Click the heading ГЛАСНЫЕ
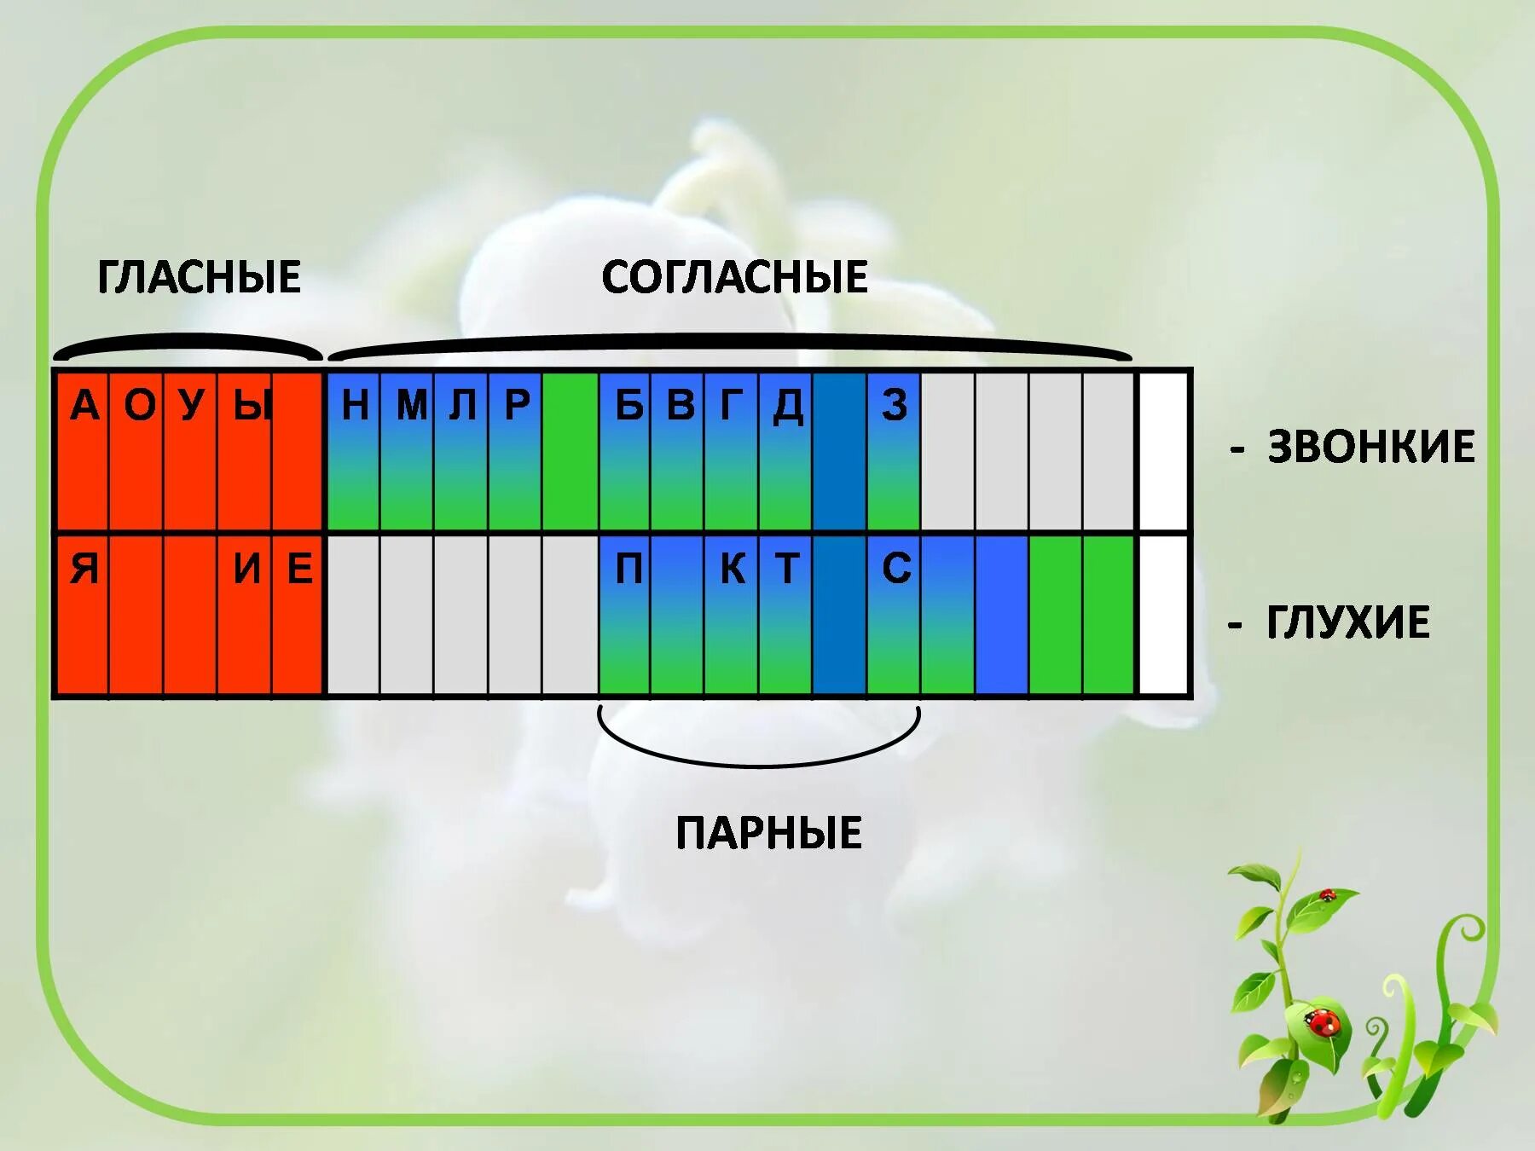[199, 277]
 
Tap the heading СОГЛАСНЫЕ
[734, 277]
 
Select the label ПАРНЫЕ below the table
[768, 833]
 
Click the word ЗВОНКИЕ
[1370, 447]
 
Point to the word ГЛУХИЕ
[1347, 622]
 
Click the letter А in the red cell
[84, 405]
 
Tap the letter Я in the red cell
[84, 569]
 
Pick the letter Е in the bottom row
[298, 569]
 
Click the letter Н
[355, 405]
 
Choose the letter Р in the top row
[516, 405]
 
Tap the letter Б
[628, 405]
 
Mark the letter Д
[787, 405]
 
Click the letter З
[895, 405]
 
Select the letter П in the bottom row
[628, 569]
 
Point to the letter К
[733, 569]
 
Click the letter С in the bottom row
[895, 569]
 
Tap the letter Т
[786, 569]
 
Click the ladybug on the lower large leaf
[1324, 1021]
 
